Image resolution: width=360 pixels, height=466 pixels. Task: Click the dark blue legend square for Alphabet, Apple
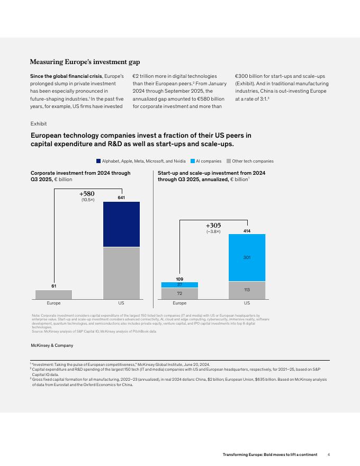[x=98, y=160]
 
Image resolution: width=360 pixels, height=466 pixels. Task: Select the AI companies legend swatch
[x=192, y=160]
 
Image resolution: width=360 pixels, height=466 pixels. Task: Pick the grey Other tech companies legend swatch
[x=228, y=160]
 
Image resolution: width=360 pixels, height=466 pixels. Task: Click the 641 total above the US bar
[x=121, y=197]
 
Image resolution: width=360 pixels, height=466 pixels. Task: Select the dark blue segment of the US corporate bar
[x=121, y=224]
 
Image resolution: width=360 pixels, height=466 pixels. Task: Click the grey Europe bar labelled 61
[x=53, y=294]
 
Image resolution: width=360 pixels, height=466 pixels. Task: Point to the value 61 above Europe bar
[x=53, y=286]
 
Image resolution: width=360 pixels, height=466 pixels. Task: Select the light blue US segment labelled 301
[x=247, y=257]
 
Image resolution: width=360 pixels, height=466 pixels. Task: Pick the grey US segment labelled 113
[x=247, y=290]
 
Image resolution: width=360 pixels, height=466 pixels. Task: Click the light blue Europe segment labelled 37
[x=179, y=284]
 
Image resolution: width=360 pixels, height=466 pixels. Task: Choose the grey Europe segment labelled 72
[x=179, y=293]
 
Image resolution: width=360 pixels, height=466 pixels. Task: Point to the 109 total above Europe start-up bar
[x=179, y=278]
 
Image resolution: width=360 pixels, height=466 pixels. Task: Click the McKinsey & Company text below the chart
[x=51, y=345]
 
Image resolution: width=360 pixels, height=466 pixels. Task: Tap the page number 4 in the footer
[x=329, y=454]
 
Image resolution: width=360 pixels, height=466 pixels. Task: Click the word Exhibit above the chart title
[x=39, y=123]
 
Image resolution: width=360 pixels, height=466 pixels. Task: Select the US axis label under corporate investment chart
[x=121, y=304]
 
